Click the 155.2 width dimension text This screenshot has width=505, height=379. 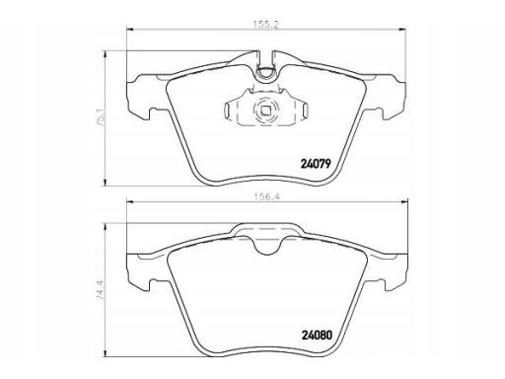tap(265, 25)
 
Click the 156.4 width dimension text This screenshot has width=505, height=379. tap(266, 196)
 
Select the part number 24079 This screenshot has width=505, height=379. tap(316, 164)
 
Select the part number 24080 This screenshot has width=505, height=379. tap(317, 336)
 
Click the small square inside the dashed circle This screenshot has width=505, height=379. tap(265, 111)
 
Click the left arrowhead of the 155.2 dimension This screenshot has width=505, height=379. tap(129, 30)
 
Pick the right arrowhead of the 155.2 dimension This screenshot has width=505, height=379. tap(402, 30)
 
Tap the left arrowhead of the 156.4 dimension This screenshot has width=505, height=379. tap(130, 202)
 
